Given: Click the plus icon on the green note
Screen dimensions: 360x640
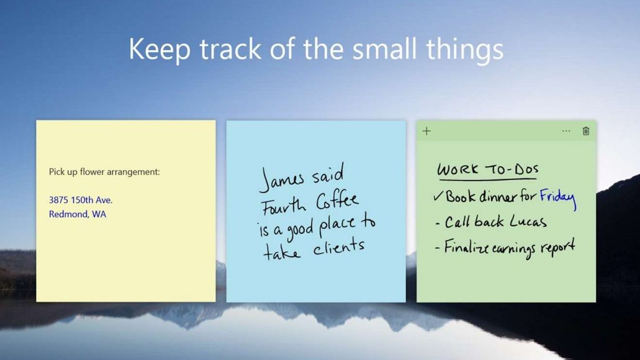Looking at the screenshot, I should (426, 131).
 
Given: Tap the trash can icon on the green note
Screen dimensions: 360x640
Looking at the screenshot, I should (585, 131).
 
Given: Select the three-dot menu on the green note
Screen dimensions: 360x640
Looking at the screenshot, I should (566, 131).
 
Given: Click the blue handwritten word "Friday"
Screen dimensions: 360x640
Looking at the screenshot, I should (557, 198).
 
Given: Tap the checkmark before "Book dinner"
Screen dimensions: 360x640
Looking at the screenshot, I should (438, 197).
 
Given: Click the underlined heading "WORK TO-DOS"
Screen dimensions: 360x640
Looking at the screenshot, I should (488, 169).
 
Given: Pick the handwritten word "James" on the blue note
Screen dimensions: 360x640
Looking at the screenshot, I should (282, 179).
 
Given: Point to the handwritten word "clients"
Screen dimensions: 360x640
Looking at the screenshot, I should (338, 248).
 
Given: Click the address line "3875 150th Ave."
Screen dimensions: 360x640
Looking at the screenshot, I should (81, 200).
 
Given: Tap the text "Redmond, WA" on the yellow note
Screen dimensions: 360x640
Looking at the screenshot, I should (78, 214).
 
